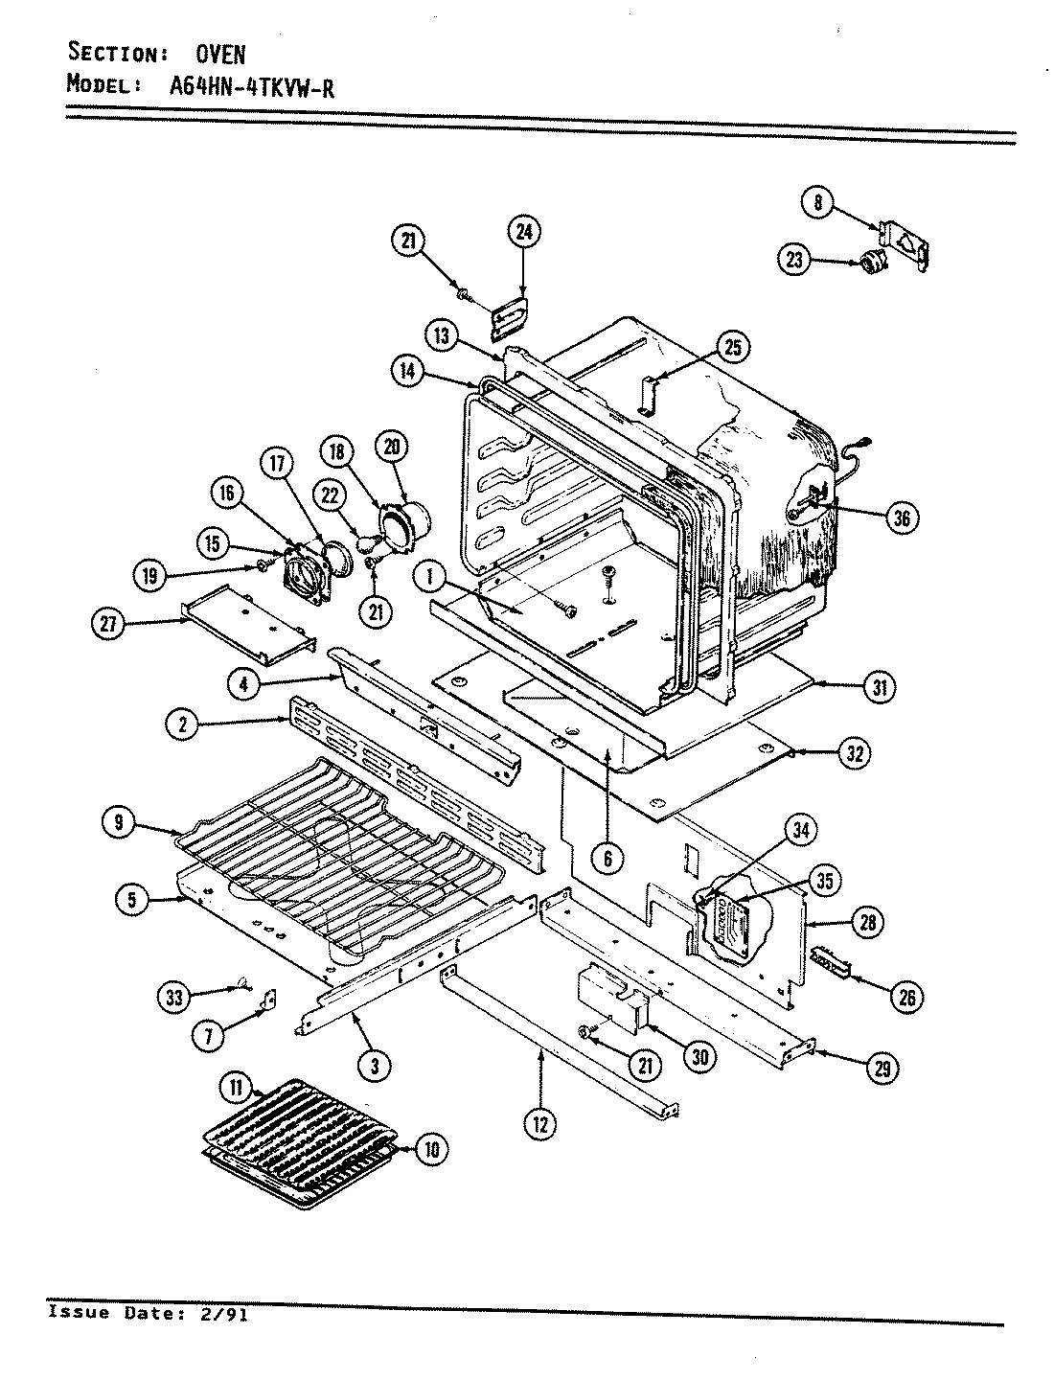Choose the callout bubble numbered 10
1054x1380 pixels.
coord(432,1149)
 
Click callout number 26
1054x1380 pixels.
coord(905,998)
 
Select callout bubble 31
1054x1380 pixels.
coord(877,686)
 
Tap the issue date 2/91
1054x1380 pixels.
coord(227,1314)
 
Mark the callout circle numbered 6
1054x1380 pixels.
coord(607,859)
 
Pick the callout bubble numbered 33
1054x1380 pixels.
coord(173,997)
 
